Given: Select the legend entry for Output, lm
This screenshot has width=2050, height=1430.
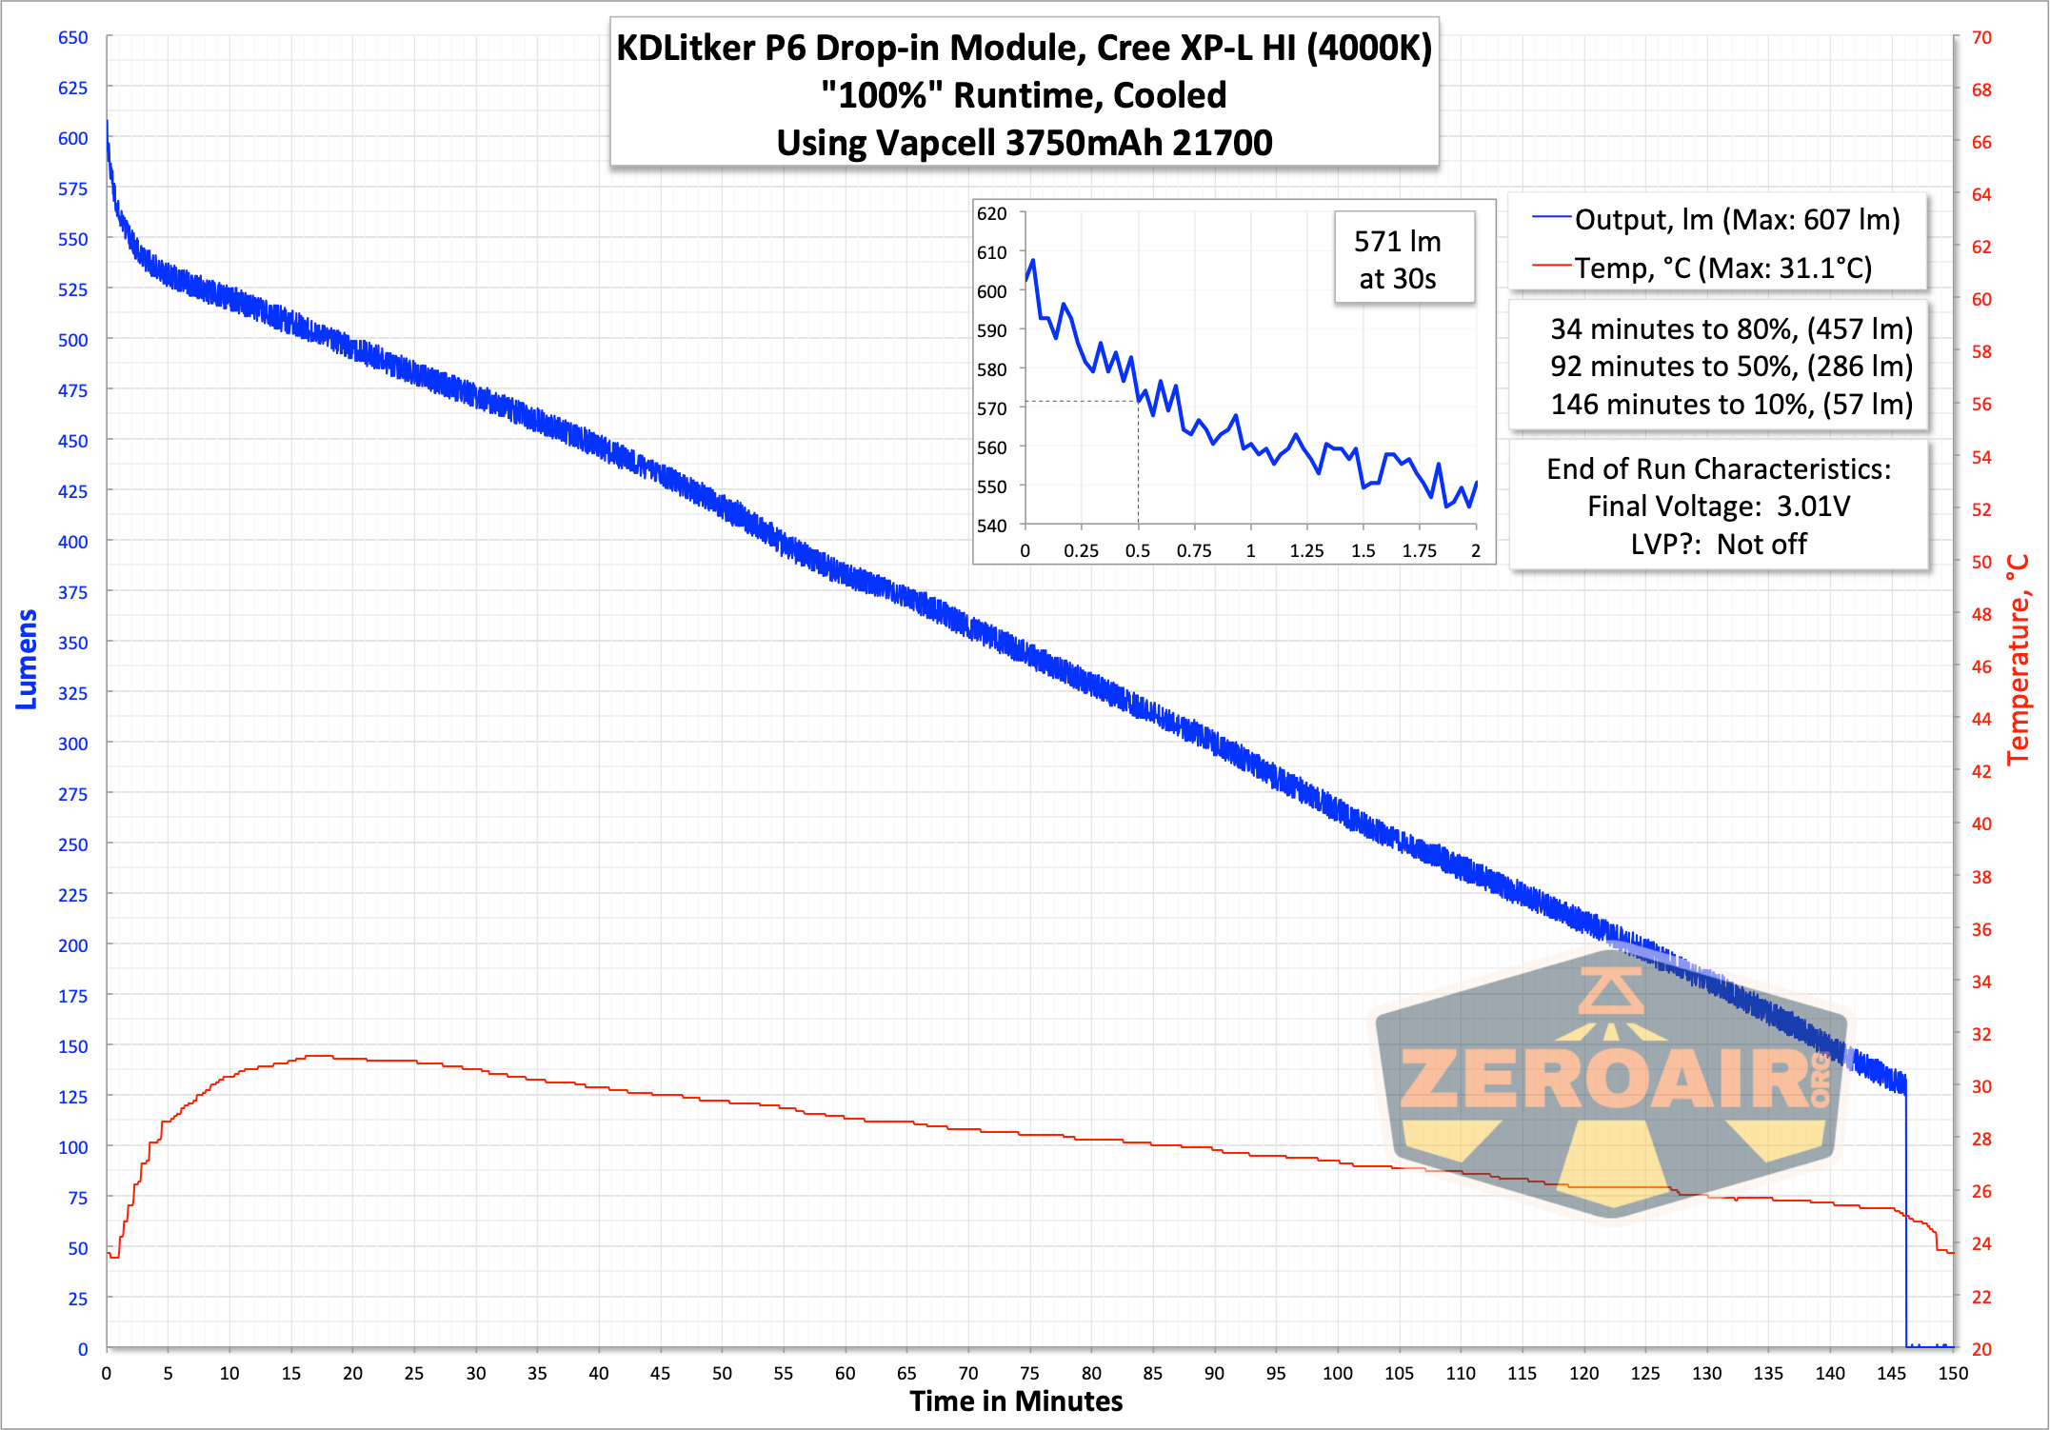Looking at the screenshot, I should (1716, 220).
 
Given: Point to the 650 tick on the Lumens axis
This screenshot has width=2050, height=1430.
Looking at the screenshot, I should (73, 37).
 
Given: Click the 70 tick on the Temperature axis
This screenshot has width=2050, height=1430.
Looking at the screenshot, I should (1981, 37).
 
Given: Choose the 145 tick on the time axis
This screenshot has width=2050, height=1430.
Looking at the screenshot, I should (1891, 1373).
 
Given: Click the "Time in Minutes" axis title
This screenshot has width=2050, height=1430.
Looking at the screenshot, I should (1016, 1401).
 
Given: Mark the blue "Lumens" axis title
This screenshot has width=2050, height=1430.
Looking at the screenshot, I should (27, 659).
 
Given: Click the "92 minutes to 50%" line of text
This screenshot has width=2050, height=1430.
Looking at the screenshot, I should (1731, 367).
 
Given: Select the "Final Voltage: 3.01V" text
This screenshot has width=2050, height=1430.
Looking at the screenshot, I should (1719, 506).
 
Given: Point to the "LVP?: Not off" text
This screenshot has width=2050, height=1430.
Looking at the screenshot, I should (1719, 545).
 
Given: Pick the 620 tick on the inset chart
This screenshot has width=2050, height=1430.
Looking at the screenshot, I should (992, 213).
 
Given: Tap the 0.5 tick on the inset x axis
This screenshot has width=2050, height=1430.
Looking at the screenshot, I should (1137, 551).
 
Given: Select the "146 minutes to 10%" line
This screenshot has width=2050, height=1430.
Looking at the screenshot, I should (1731, 405).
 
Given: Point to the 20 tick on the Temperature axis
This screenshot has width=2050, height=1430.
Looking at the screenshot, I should (1981, 1349).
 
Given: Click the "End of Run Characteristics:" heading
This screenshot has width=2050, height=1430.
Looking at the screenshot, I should (1719, 469).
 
